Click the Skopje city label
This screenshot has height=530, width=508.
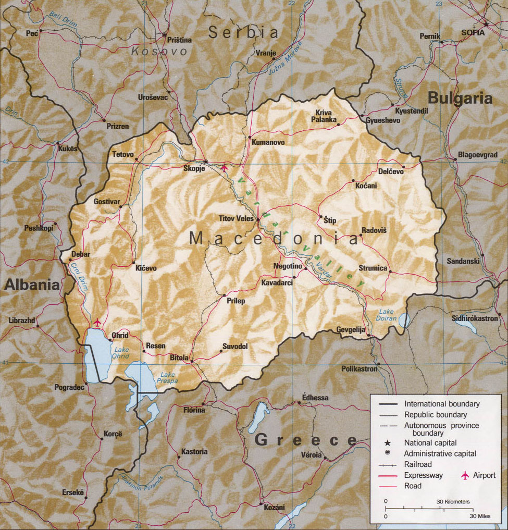pos(194,168)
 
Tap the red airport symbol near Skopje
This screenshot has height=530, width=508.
pos(225,168)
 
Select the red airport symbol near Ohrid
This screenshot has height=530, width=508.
pos(97,323)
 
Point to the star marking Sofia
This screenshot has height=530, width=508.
pos(486,24)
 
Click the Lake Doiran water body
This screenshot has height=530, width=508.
pos(404,319)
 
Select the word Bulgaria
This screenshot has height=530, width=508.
pos(460,98)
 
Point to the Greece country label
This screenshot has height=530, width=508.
pos(305,439)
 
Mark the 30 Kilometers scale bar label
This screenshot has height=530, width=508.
pos(453,501)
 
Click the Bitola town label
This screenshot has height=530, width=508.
pos(180,358)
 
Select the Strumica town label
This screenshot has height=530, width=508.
pos(373,268)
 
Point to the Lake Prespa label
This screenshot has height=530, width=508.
pos(168,378)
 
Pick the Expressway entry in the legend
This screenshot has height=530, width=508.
pos(424,475)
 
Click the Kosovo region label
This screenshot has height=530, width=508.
pos(159,51)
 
